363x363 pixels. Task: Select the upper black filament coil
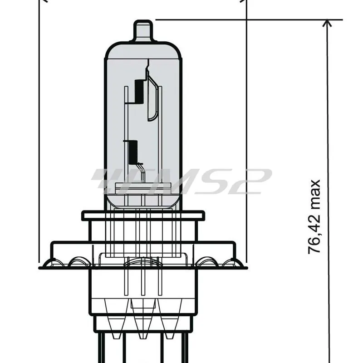coord(138,91)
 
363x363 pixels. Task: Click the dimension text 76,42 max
coord(314,217)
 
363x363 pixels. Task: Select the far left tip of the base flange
coord(41,266)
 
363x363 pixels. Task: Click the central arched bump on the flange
coord(143,261)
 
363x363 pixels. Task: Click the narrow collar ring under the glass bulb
coord(143,216)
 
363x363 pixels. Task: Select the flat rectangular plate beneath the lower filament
coord(143,186)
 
